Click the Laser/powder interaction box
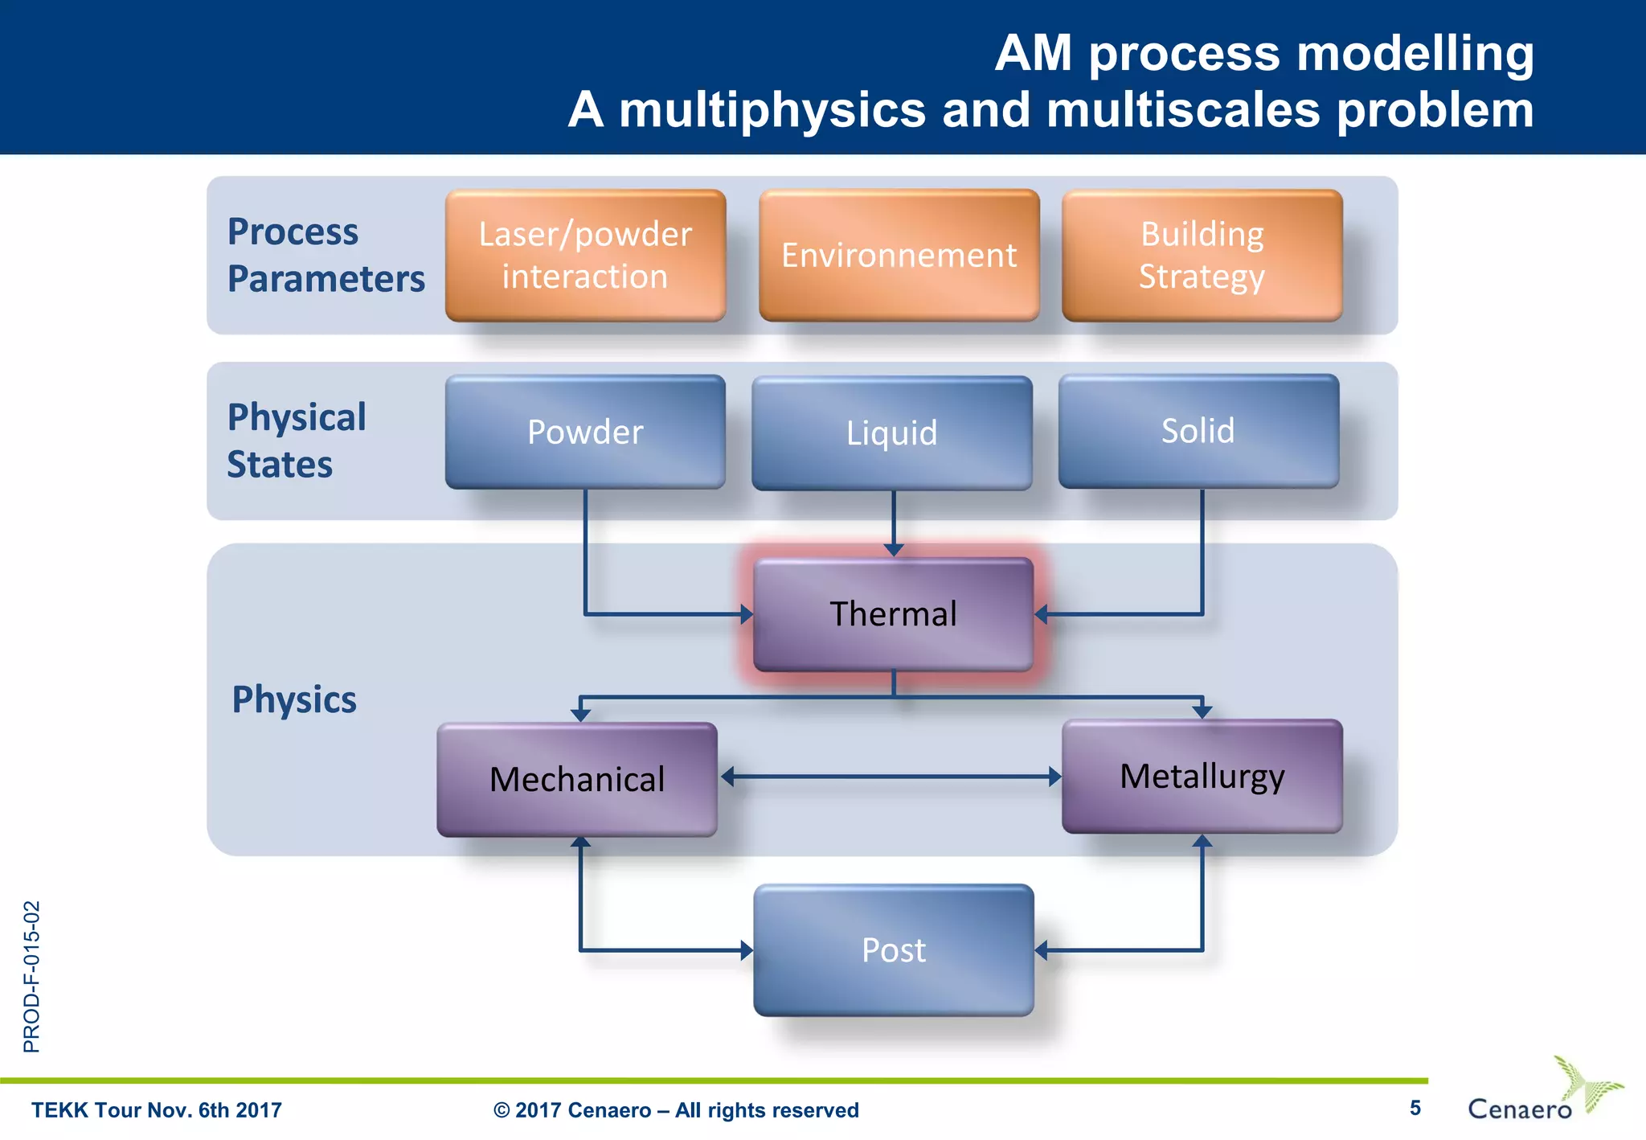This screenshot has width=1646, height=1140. (585, 256)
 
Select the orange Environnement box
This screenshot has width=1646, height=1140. (899, 256)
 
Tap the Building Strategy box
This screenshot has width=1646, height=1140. (1202, 256)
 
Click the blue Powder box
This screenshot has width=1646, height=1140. (585, 432)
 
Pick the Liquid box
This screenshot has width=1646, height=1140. (891, 433)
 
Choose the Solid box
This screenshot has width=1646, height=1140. (1198, 431)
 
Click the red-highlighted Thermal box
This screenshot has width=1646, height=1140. (893, 614)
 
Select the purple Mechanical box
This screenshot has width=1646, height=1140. (577, 779)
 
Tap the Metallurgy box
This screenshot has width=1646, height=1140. (1202, 777)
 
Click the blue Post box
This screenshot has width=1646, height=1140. (893, 950)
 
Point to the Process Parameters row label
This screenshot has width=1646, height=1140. (326, 256)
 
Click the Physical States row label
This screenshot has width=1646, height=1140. (296, 441)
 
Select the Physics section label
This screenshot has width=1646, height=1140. (294, 699)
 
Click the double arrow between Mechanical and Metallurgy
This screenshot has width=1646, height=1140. (891, 777)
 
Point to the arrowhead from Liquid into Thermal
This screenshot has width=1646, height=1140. (894, 550)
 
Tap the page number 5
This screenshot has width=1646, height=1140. (1415, 1109)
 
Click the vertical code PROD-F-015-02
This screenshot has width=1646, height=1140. (31, 976)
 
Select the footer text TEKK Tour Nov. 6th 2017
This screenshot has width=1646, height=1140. (157, 1110)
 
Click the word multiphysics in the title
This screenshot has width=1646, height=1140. (772, 109)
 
